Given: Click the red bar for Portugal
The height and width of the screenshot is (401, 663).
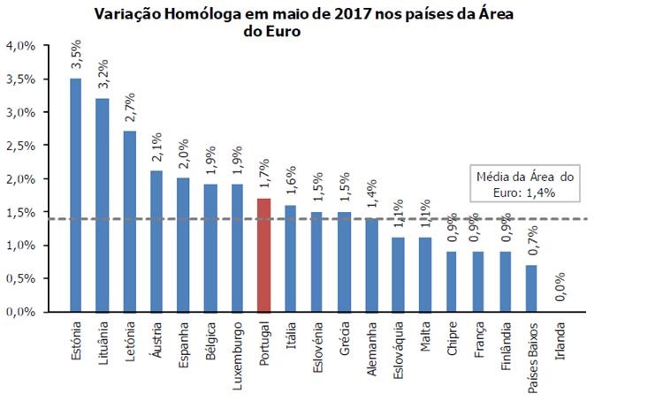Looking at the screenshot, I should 263,254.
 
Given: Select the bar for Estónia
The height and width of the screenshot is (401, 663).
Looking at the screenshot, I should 75,194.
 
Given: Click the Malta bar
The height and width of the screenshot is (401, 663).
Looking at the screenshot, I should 425,275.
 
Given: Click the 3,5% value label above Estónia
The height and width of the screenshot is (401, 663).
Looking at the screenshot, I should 75,55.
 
